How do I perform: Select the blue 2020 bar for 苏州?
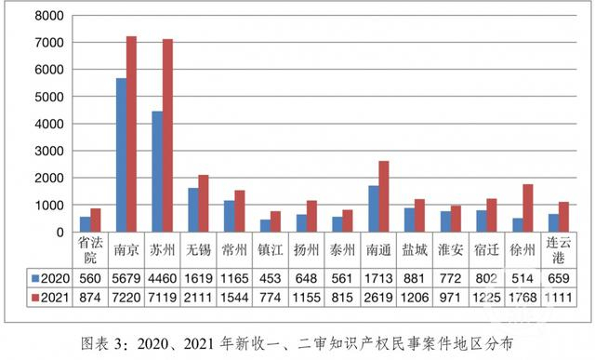pos(157,171)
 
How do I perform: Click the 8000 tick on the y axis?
pos(47,16)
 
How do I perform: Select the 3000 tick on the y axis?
pos(47,151)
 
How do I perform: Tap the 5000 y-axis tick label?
pos(47,97)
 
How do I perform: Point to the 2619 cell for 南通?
pos(379,296)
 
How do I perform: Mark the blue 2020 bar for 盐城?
pos(410,220)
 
